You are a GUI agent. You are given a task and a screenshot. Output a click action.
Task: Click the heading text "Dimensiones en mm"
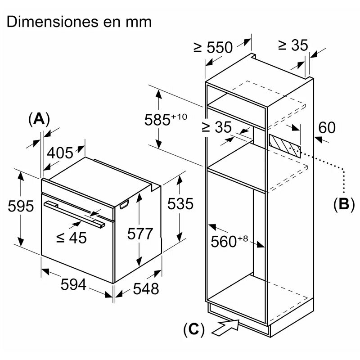point(79,21)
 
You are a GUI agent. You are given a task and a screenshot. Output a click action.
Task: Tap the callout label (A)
point(39,119)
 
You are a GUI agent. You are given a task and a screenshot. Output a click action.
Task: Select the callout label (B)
point(344,204)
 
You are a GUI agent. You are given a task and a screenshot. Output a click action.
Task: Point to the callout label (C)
point(193,329)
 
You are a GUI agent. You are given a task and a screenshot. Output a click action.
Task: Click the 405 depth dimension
point(60,153)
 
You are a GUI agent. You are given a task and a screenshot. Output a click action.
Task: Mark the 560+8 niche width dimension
point(229,241)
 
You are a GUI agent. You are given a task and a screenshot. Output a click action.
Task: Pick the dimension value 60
point(327,128)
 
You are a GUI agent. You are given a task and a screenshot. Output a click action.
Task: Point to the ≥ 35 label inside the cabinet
point(216,127)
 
